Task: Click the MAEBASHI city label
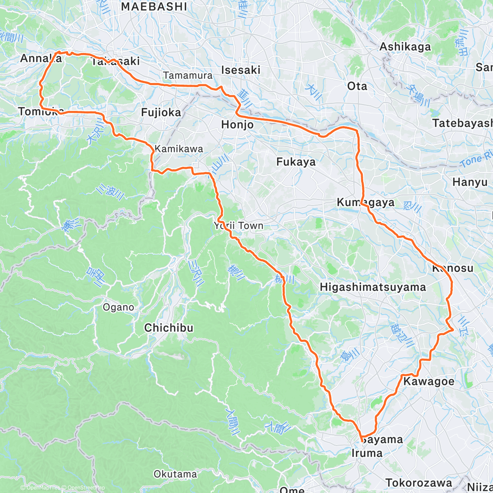tap(154, 7)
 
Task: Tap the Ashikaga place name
tap(405, 47)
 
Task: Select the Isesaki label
tap(241, 70)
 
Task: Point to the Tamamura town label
tap(188, 76)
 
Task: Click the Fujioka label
tap(161, 112)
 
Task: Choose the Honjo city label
tap(237, 124)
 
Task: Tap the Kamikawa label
tap(179, 149)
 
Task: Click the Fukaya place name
tap(296, 162)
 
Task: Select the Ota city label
tap(357, 86)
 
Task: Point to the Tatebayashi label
tap(462, 123)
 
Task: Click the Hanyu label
tap(470, 182)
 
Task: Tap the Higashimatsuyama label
tap(373, 287)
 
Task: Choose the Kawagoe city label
tap(429, 381)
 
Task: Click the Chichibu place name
tap(168, 328)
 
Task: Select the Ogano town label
tap(118, 307)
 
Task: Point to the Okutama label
tap(175, 474)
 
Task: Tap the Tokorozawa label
tap(418, 483)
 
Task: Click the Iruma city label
tap(367, 453)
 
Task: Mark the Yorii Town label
tap(238, 226)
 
